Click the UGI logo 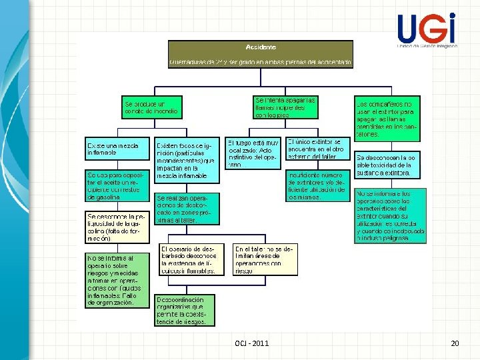click(x=427, y=31)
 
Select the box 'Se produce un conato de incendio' click(x=151, y=107)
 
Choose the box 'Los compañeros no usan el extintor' click(x=388, y=119)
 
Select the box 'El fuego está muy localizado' click(x=253, y=153)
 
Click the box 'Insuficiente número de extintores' click(x=317, y=185)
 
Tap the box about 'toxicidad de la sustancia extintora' click(x=388, y=166)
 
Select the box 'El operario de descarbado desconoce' click(x=189, y=259)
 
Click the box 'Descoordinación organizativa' click(x=185, y=309)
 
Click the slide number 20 click(x=455, y=343)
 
